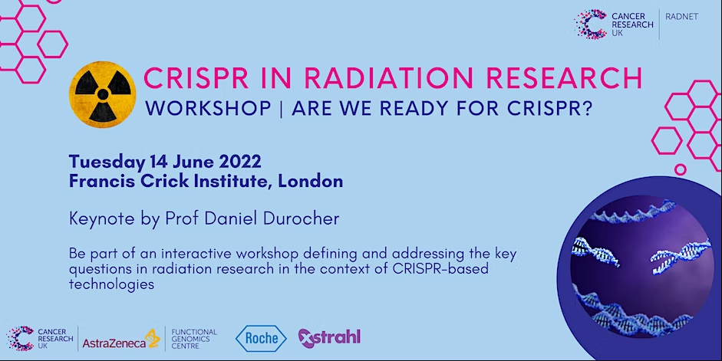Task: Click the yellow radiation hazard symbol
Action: tap(103, 94)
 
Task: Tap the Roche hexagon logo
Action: tap(261, 339)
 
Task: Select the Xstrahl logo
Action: tap(329, 339)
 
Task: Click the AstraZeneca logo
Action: tap(121, 340)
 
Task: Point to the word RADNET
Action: tap(682, 17)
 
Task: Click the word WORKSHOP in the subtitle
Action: tap(208, 109)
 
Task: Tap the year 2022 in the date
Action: tap(240, 162)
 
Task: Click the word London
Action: tap(310, 181)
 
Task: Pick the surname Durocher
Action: tap(301, 218)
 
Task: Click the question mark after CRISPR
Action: tap(587, 109)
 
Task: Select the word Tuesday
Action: tap(107, 162)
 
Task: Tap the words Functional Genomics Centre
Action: tap(194, 339)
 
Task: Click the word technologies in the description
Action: tap(111, 284)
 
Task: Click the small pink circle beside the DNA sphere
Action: tap(681, 169)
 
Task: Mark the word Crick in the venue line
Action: tap(166, 181)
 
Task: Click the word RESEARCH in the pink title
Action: tap(564, 77)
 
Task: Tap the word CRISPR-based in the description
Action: tap(440, 268)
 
